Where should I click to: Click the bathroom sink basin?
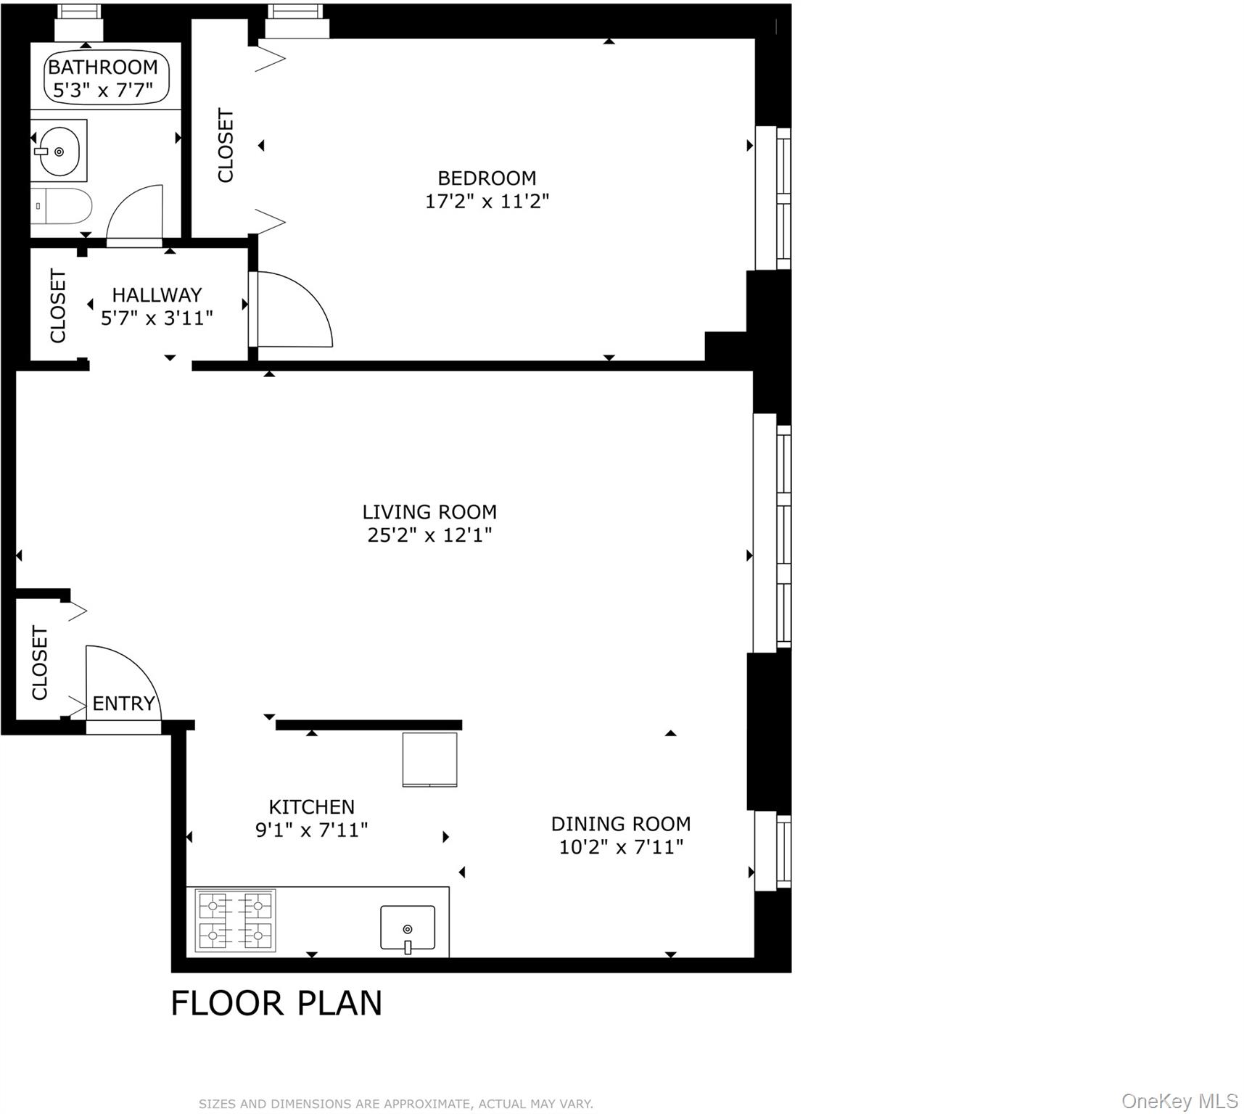[59, 151]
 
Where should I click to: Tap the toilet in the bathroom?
[64, 207]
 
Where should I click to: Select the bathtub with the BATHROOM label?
[106, 78]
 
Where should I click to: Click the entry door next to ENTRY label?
[121, 685]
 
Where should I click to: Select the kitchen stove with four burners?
[236, 920]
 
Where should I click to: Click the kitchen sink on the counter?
[408, 928]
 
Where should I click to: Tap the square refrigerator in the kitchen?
[430, 759]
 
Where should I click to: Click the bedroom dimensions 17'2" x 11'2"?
[487, 201]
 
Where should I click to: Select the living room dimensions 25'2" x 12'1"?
[429, 535]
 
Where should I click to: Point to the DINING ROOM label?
[620, 824]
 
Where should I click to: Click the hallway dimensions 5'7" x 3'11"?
[157, 318]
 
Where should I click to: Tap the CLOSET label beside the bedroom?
[226, 145]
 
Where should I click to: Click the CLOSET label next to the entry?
[39, 663]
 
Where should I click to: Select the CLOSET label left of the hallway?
[58, 305]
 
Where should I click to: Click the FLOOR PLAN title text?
[276, 1004]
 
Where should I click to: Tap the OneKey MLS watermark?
[1179, 1101]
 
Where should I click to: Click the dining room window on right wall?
[773, 851]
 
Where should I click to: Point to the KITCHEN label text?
[311, 806]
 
